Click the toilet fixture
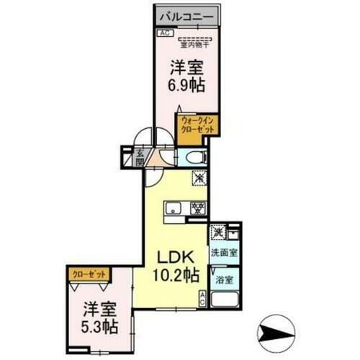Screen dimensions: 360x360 192,158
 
